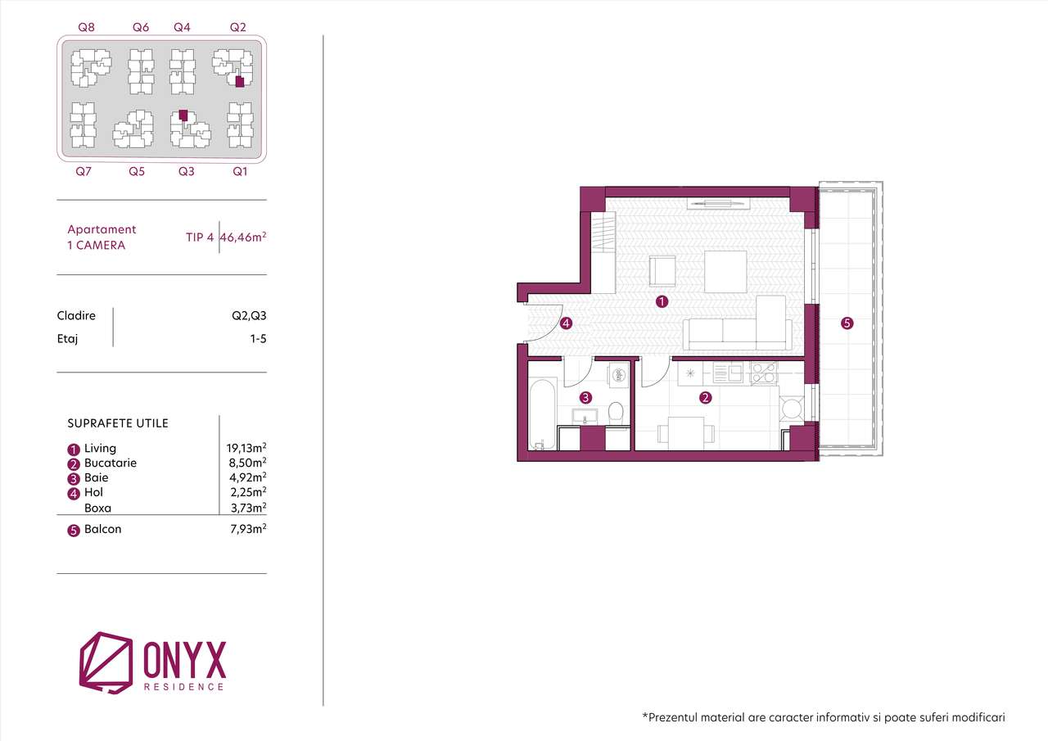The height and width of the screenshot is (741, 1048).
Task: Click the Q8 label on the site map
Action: pos(86,27)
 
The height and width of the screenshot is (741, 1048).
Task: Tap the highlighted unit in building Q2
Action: pos(239,82)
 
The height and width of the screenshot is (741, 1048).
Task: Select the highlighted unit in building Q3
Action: pos(183,115)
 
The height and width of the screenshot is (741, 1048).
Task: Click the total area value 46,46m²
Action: pos(244,237)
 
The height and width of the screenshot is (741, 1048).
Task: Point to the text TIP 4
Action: pos(200,237)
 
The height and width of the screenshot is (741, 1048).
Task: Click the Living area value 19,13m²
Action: pos(246,448)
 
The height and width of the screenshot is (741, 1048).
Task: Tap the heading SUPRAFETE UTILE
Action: pos(118,423)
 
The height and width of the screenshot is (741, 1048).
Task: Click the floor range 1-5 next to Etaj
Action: pos(258,338)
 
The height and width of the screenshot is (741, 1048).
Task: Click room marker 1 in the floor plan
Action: pos(662,301)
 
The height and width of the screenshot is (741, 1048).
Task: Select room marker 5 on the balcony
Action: pos(847,323)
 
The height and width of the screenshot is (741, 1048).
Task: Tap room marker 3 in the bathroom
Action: pos(585,398)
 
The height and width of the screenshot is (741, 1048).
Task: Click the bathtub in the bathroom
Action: pos(543,413)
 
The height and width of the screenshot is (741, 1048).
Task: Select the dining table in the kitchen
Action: pos(686,431)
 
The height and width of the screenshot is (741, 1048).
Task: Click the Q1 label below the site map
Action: pos(240,171)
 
